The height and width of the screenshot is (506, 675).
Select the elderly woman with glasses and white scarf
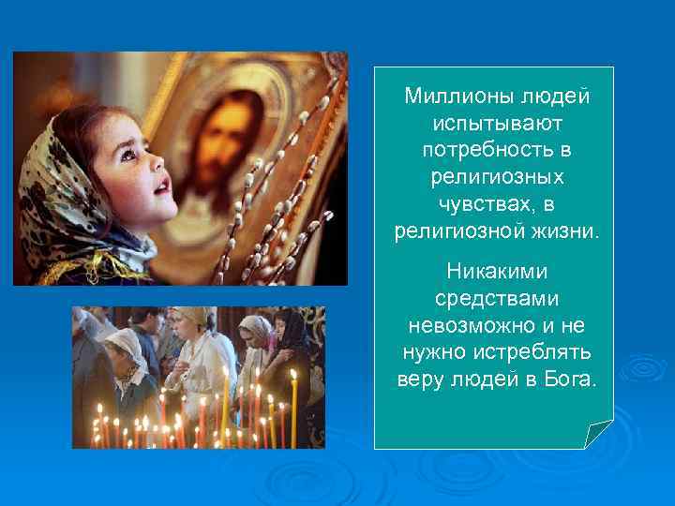(125, 361)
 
